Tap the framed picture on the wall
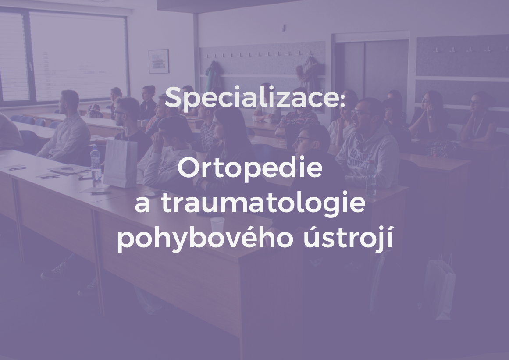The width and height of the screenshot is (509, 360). pos(158,61)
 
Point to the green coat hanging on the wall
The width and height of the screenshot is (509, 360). pos(214,77)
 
